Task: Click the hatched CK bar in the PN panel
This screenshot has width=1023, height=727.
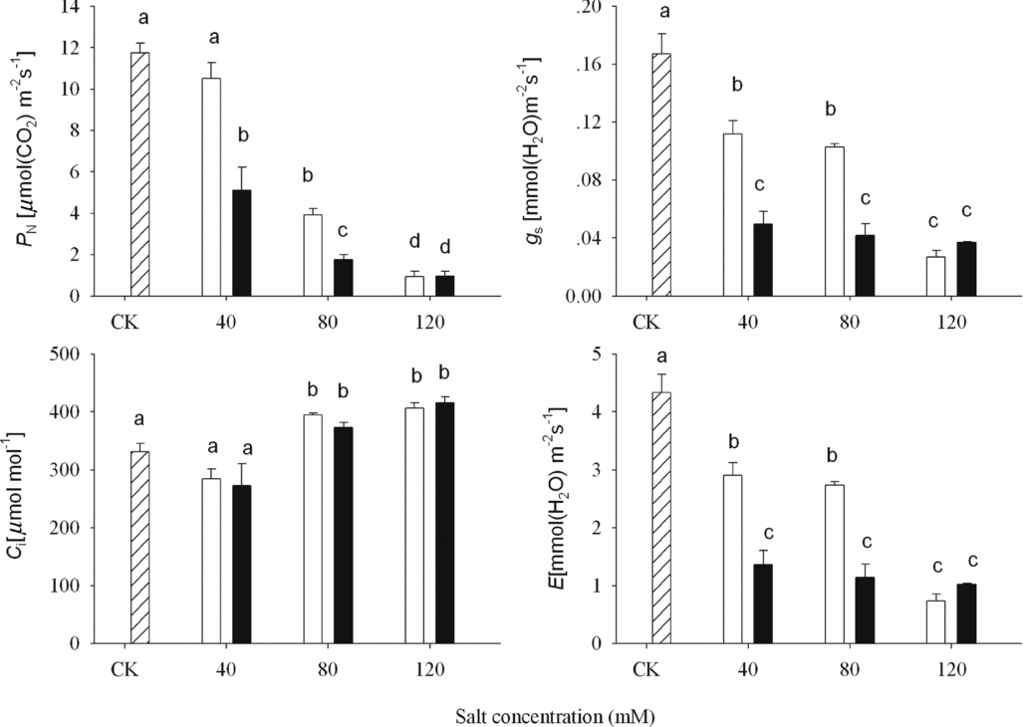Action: pyautogui.click(x=140, y=174)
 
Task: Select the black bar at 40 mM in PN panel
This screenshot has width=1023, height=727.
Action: pyautogui.click(x=241, y=243)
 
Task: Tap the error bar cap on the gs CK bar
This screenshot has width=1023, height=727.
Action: pyautogui.click(x=660, y=34)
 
